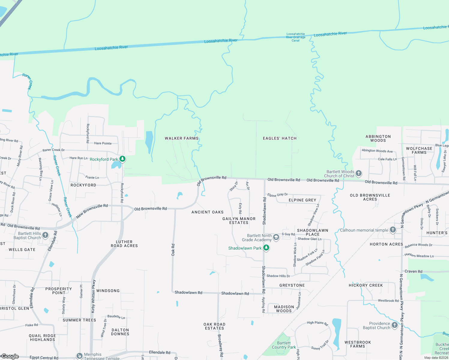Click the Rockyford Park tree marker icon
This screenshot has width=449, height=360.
click(x=122, y=159)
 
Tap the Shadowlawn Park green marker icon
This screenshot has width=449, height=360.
click(x=266, y=248)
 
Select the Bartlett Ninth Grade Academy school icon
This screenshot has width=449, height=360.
click(x=276, y=237)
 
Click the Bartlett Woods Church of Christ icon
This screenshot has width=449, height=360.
click(x=358, y=173)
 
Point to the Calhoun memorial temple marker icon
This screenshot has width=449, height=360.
click(x=393, y=230)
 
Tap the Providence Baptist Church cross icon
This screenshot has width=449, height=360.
click(x=394, y=325)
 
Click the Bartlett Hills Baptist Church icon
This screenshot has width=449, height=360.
click(x=45, y=235)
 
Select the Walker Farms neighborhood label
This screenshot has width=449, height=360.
click(x=182, y=138)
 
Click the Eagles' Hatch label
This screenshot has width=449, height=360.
click(x=280, y=138)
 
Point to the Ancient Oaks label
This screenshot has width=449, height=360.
click(x=207, y=212)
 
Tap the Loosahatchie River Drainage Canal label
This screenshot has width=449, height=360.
click(x=296, y=37)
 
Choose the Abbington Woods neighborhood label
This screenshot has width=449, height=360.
click(x=378, y=138)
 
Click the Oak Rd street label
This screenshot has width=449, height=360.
click(x=173, y=250)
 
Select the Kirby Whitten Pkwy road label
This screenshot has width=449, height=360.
click(x=93, y=296)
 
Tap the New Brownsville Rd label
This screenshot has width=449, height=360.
click(x=92, y=211)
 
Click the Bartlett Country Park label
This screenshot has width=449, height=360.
click(x=284, y=345)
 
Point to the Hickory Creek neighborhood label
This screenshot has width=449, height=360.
click(x=366, y=285)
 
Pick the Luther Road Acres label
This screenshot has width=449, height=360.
click(x=124, y=244)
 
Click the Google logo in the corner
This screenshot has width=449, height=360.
click(x=10, y=356)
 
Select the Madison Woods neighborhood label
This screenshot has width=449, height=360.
click(x=284, y=309)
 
